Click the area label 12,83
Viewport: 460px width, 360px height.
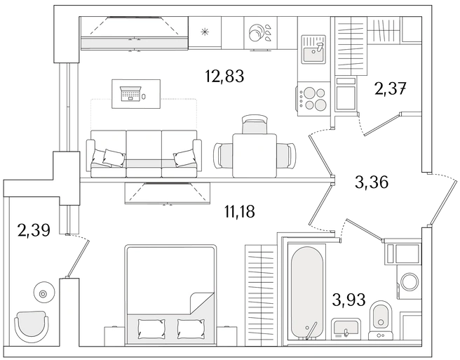pyautogui.click(x=224, y=76)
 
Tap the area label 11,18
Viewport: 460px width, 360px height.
pyautogui.click(x=239, y=211)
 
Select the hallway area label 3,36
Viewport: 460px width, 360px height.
pyautogui.click(x=372, y=182)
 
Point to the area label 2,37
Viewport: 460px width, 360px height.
pyautogui.click(x=391, y=88)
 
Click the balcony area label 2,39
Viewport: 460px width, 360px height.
pyautogui.click(x=34, y=230)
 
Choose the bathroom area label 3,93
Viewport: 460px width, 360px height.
pyautogui.click(x=349, y=300)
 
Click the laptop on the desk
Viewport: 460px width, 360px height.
pyautogui.click(x=131, y=93)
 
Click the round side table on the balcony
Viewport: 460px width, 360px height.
pyautogui.click(x=43, y=293)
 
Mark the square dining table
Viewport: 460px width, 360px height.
pyautogui.click(x=255, y=156)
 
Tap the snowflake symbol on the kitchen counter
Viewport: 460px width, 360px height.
pyautogui.click(x=204, y=32)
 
